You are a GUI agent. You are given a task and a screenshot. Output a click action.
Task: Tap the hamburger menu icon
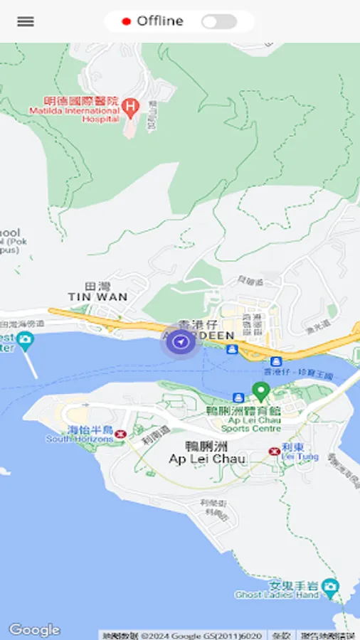click(26, 21)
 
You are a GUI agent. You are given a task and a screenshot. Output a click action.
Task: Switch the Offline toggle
click(218, 22)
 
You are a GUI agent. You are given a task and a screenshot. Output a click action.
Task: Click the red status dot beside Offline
click(127, 22)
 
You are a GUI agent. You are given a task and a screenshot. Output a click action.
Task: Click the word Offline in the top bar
click(160, 21)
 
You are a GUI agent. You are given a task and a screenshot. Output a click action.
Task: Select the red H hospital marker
click(129, 107)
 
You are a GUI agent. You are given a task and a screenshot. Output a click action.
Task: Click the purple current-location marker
click(183, 343)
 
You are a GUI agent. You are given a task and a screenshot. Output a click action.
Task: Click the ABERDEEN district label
click(206, 335)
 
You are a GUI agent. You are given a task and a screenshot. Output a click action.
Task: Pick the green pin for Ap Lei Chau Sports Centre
click(261, 391)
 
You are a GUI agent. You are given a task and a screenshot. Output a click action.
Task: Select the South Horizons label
click(80, 435)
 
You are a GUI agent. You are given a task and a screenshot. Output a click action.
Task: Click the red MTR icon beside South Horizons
click(121, 433)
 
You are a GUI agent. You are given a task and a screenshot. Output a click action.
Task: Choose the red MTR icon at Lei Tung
click(274, 451)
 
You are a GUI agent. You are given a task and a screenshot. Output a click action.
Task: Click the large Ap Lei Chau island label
click(207, 454)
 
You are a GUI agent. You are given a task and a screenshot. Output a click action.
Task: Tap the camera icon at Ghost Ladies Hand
click(329, 587)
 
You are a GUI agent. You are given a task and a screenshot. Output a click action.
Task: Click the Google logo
click(34, 630)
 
